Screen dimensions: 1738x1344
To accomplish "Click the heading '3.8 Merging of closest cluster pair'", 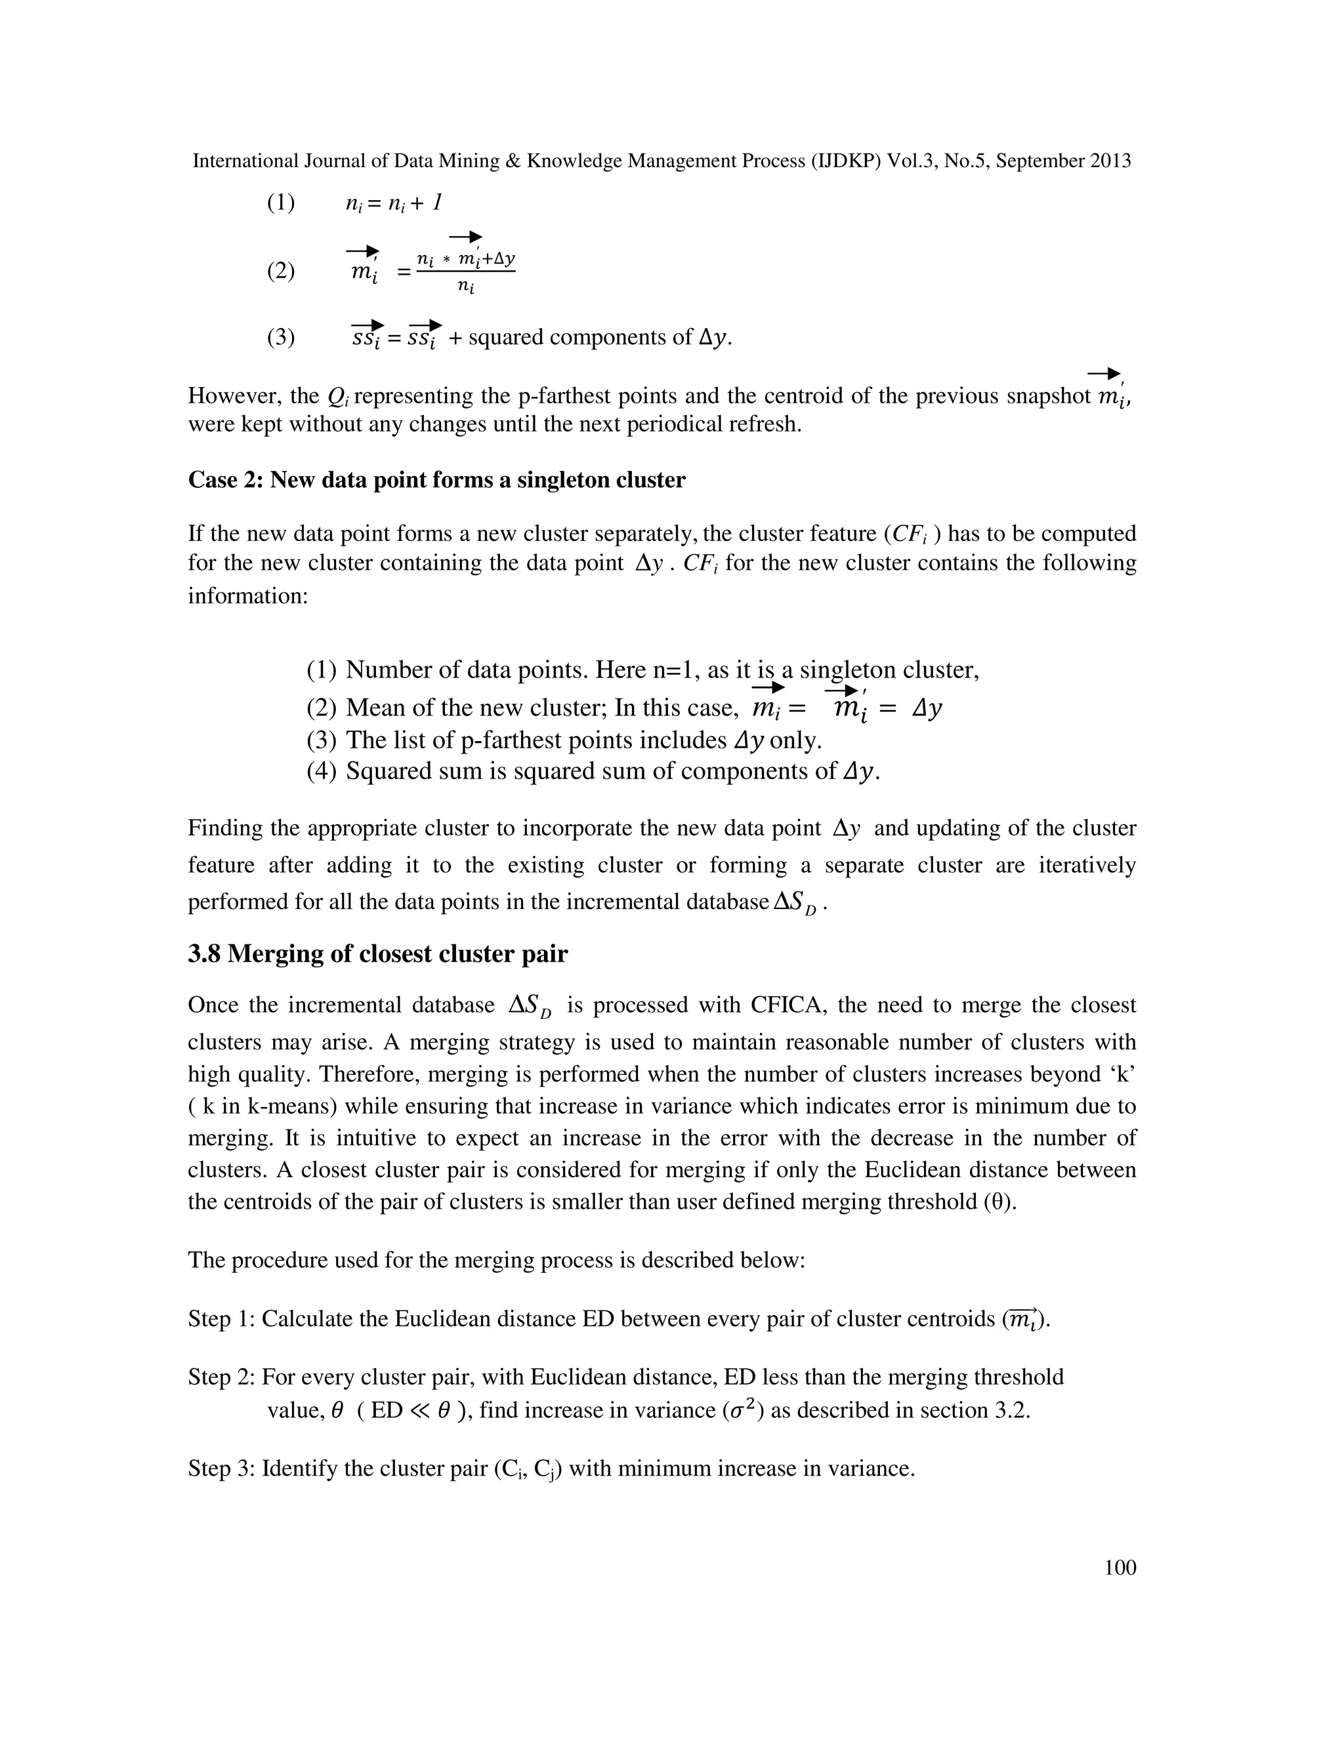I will (377, 954).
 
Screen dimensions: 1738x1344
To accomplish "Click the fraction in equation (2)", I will (466, 272).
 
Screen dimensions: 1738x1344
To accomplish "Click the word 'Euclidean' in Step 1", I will (445, 1320).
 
